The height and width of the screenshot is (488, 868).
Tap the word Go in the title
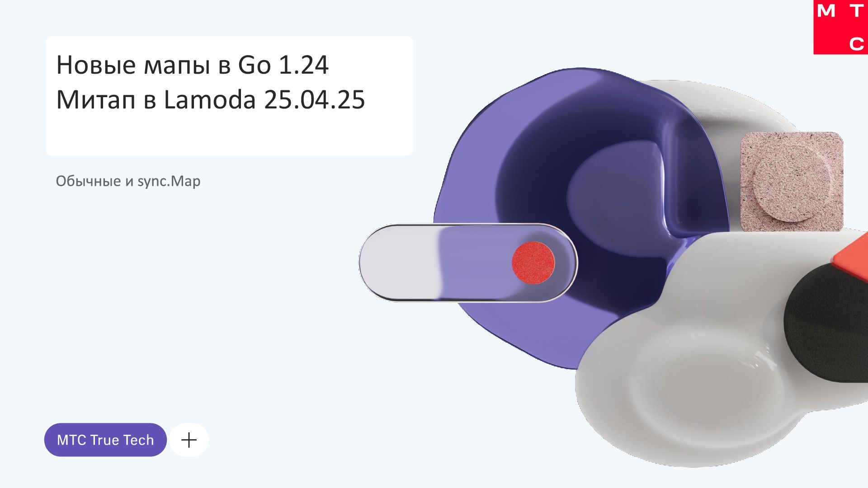pyautogui.click(x=255, y=65)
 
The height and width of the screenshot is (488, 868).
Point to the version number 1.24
pyautogui.click(x=304, y=65)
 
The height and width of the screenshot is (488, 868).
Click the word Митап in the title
pyautogui.click(x=96, y=100)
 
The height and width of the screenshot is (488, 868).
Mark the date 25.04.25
pyautogui.click(x=315, y=100)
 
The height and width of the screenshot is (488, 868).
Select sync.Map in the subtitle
pyautogui.click(x=169, y=182)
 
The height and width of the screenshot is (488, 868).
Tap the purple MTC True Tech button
pyautogui.click(x=105, y=440)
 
